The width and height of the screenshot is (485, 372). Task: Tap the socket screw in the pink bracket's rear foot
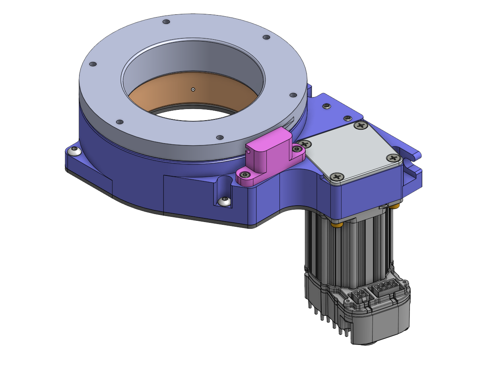(x=297, y=149)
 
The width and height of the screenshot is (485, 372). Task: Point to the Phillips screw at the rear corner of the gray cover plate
(x=361, y=126)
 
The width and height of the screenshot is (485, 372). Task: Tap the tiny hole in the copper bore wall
(x=193, y=90)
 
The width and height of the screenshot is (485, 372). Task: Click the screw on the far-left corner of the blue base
(x=74, y=150)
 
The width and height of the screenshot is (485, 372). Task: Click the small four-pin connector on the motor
(x=360, y=296)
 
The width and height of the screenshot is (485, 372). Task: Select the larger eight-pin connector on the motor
(x=383, y=287)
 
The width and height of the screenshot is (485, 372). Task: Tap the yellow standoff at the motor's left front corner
(x=338, y=225)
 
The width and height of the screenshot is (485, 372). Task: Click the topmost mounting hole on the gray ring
(x=167, y=21)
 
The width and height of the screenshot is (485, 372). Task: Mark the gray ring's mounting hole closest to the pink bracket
(x=219, y=138)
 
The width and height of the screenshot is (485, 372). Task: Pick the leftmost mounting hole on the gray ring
(x=93, y=64)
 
